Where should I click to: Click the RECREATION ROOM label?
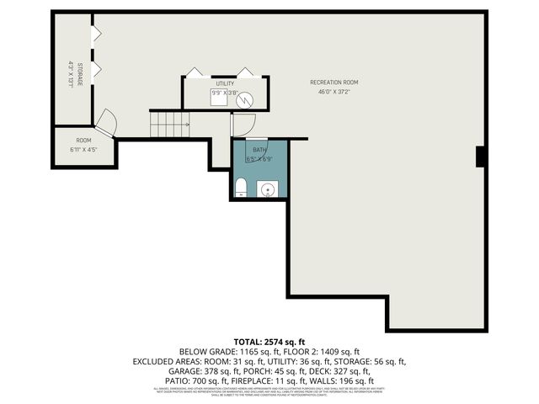point(334,82)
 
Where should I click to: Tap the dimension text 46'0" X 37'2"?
point(334,92)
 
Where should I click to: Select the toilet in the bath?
point(241,187)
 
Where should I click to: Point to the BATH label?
point(259,150)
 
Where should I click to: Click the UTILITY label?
point(225,84)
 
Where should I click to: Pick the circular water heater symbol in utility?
point(245,101)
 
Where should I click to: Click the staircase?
point(171,125)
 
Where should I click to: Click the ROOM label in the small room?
point(83,141)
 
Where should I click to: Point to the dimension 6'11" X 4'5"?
point(83,150)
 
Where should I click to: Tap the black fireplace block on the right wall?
point(480,157)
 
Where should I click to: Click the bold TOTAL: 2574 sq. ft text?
point(269,343)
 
